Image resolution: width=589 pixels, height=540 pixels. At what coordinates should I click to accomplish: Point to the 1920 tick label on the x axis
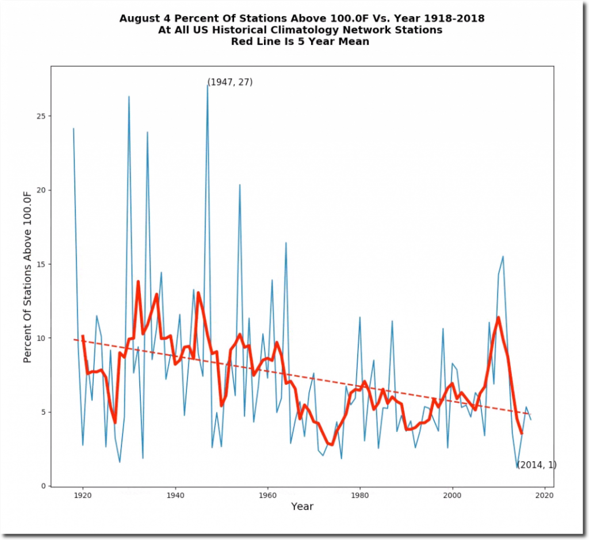(x=83, y=495)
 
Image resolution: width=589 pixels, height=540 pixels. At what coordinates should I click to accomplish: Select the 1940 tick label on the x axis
(x=175, y=495)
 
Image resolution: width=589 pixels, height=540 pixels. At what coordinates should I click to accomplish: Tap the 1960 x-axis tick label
(x=267, y=495)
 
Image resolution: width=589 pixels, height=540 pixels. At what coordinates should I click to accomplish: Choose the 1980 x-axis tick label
(x=360, y=495)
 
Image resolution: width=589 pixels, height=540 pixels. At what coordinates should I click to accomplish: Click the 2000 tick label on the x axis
(x=453, y=495)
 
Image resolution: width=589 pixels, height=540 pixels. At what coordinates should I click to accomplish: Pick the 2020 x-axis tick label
(x=545, y=495)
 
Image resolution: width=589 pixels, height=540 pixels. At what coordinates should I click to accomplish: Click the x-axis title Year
(x=302, y=507)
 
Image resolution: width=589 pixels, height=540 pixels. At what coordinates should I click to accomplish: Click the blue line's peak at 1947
(x=207, y=86)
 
